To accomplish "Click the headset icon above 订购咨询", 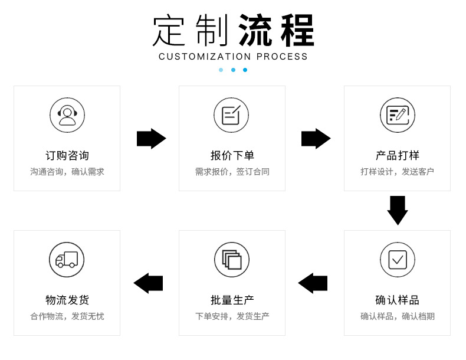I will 67,115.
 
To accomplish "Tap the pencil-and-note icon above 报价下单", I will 231,115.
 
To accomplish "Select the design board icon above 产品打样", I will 397,115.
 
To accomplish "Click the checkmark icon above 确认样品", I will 397,260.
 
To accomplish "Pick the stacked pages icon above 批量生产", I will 231,260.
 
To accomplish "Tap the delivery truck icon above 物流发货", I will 67,260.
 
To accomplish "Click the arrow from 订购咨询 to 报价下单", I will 151,139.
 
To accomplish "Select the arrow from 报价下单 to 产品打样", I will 316,139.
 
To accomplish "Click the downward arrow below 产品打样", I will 397,210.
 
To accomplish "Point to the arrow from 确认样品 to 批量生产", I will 313,283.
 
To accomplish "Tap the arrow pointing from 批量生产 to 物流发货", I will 148,283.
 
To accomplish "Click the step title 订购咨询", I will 67,156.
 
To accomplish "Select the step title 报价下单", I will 232,156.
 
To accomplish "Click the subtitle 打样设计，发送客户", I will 397,172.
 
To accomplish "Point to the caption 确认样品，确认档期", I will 397,316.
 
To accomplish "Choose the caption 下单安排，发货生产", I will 232,316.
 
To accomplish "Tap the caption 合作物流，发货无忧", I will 67,316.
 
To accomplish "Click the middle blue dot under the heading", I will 233,70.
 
